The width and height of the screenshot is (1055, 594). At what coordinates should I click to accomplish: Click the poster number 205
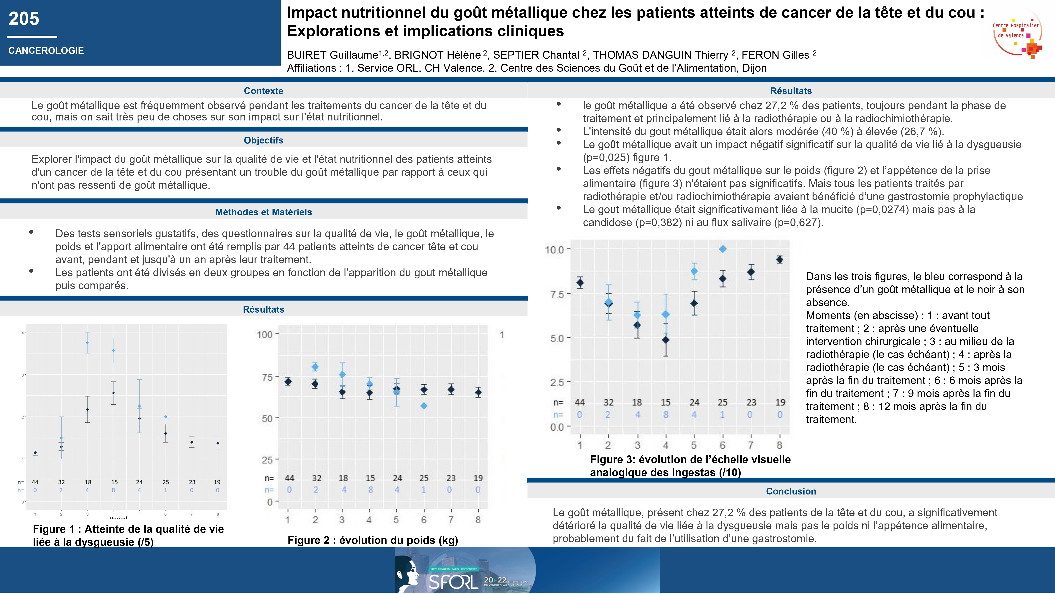point(24,19)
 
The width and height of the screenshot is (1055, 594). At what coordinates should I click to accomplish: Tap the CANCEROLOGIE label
point(46,51)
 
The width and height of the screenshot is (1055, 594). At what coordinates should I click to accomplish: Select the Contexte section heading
point(263,91)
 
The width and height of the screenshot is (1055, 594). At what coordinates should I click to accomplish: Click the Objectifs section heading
point(263,140)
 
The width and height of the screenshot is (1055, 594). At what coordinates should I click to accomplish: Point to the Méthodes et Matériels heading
point(263,212)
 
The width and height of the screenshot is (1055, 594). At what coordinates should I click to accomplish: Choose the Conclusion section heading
point(791,491)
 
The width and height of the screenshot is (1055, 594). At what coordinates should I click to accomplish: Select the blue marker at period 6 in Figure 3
point(723,249)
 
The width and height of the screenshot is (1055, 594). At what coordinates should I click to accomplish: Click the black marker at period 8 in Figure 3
point(779,260)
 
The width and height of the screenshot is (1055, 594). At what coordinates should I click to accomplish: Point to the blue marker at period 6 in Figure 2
point(424,406)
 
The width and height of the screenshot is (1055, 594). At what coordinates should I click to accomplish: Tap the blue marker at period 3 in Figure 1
point(87,343)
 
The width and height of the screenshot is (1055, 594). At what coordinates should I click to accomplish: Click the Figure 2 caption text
point(373,540)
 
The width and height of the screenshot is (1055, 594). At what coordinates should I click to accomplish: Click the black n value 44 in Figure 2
point(289,478)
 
